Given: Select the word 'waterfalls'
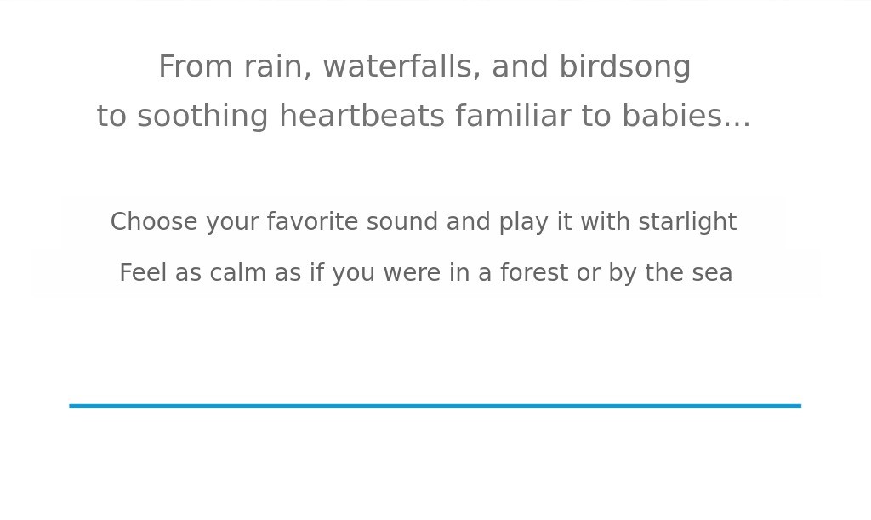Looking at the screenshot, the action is (399, 66).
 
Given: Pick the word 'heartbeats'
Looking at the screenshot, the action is (361, 116).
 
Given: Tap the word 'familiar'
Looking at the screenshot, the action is (513, 116).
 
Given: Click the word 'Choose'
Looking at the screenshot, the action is (154, 221).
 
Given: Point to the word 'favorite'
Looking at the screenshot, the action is (312, 221).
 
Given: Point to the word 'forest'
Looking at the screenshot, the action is (534, 273).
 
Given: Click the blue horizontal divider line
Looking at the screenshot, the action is (435, 406).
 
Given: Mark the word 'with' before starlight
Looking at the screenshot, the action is (605, 221).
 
